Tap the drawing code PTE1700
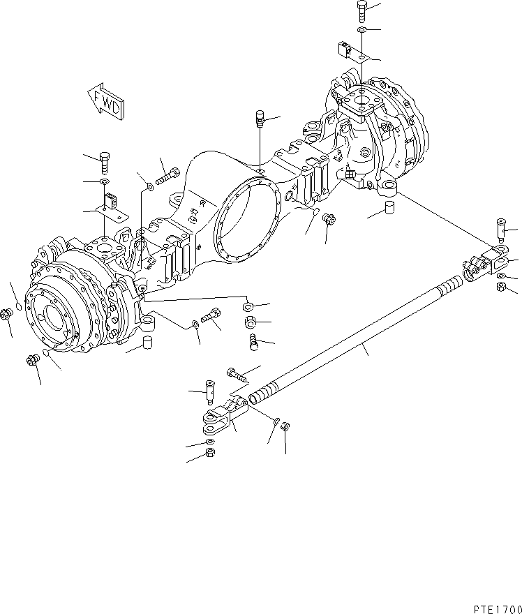491,608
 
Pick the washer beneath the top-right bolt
361,31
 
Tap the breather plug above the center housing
260,120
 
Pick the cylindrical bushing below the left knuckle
147,342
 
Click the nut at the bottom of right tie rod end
502,288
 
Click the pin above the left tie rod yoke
210,392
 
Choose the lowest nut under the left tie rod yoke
210,455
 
